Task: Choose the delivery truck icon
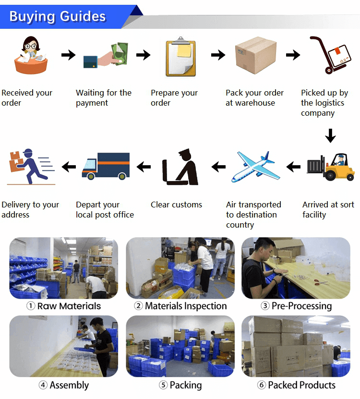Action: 106,166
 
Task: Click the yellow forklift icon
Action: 331,167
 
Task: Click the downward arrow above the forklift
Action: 330,135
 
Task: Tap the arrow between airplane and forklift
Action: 293,167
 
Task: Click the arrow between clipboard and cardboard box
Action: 218,55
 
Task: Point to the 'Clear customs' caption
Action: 176,205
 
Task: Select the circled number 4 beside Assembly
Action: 43,385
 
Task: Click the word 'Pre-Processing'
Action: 301,306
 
